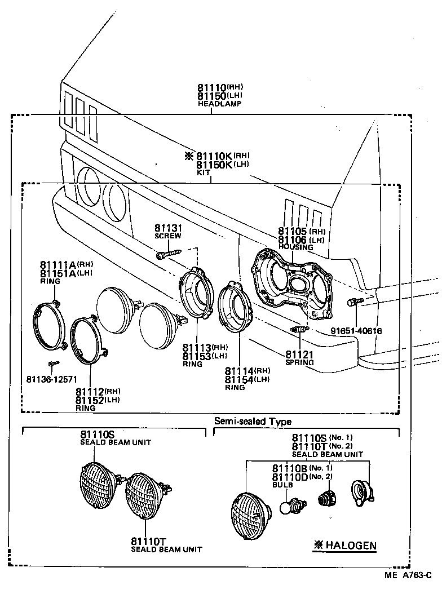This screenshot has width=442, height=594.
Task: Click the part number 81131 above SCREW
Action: pos(169,228)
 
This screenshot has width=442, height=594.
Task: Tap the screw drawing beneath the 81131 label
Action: pos(168,255)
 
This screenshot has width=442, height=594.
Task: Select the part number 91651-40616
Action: pos(356,331)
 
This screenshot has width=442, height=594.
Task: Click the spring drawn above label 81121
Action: pos(298,329)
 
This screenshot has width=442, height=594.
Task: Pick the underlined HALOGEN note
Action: pos(345,546)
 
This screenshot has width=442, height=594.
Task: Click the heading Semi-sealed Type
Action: pos(253,421)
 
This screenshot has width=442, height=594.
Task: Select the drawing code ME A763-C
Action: pos(408,575)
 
